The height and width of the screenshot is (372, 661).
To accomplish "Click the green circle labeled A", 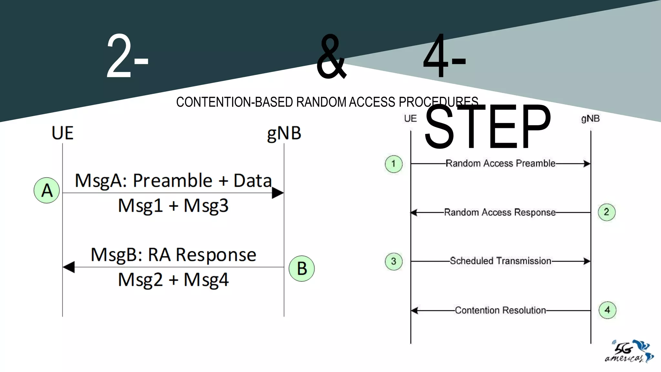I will pos(47,190).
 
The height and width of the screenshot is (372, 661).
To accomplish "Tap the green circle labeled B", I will pos(301,268).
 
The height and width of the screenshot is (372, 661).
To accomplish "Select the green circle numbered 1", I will pos(394,164).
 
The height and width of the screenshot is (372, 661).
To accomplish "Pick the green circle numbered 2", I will pos(606,212).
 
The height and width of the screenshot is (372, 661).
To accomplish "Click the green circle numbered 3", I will pos(394,261).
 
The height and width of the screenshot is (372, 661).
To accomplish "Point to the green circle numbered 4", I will pos(607,310).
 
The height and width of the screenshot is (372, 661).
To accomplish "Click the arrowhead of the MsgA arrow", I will pos(278,193).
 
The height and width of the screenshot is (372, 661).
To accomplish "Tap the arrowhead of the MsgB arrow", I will pos(69,267).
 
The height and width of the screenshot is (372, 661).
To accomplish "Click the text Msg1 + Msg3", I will pos(173,206).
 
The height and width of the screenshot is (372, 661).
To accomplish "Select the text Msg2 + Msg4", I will pos(173,280).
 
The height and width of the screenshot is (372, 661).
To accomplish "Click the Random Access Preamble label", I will pos(500,163).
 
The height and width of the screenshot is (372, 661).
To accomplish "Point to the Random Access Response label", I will pos(500,212).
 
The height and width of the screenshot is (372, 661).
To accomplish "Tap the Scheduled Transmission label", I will pos(500,261).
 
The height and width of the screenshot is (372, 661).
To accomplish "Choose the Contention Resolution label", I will pos(500,310).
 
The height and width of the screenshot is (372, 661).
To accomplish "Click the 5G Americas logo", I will pos(629,352).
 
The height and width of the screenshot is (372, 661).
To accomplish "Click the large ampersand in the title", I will pos(331,57).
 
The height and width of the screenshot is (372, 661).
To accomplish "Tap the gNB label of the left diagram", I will pos(284,133).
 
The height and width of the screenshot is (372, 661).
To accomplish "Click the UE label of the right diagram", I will pos(410,119).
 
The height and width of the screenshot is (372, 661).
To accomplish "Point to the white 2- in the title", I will pos(127,57).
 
